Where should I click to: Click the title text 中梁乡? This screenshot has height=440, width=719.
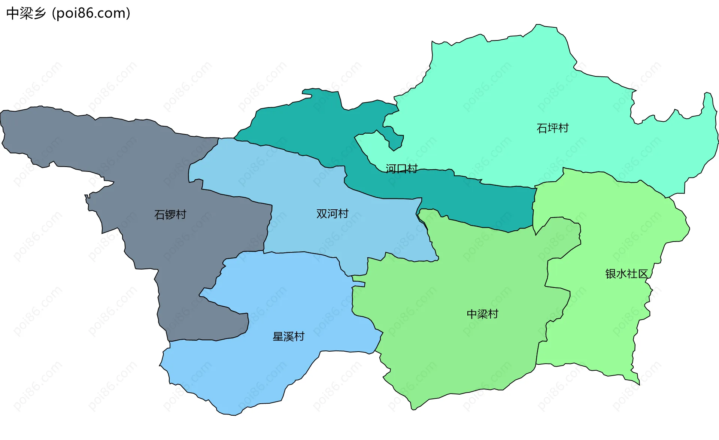pyautogui.click(x=26, y=13)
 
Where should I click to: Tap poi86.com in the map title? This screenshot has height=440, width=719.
pyautogui.click(x=91, y=13)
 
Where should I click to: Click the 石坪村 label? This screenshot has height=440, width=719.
pyautogui.click(x=552, y=128)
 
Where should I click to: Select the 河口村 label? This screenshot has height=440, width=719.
pyautogui.click(x=401, y=169)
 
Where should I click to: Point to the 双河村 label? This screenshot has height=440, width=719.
pyautogui.click(x=332, y=214)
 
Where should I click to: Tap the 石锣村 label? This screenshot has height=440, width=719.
pyautogui.click(x=170, y=215)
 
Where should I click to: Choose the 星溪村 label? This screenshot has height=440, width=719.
pyautogui.click(x=288, y=337)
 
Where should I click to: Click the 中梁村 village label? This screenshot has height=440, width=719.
pyautogui.click(x=482, y=314)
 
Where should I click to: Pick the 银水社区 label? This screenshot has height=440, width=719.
pyautogui.click(x=626, y=274)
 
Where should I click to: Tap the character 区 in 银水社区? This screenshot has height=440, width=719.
pyautogui.click(x=643, y=274)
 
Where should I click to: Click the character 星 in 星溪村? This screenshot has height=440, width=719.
pyautogui.click(x=278, y=337)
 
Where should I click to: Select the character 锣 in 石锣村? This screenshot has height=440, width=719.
pyautogui.click(x=170, y=215)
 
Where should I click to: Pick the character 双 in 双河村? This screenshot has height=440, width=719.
pyautogui.click(x=322, y=214)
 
